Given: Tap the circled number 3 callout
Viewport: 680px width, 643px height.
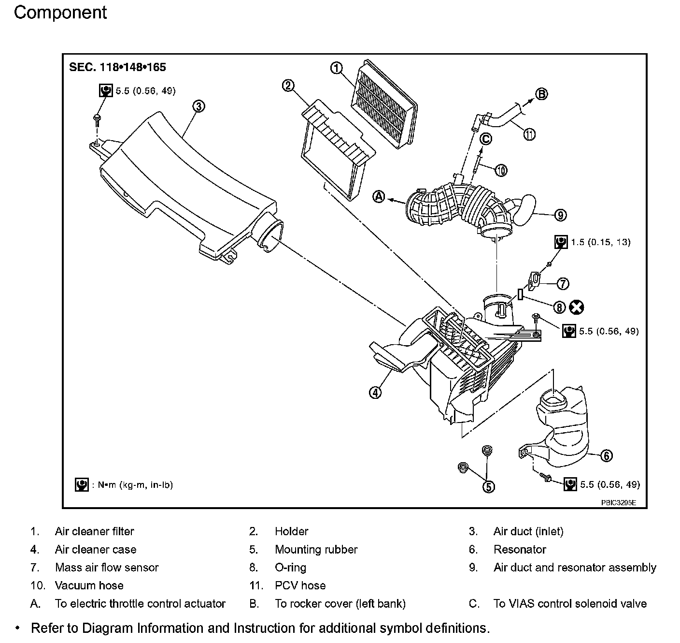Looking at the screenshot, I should point(198,106).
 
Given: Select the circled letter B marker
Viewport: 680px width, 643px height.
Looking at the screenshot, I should point(542,94).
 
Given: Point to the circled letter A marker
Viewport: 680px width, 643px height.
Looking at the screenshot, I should point(379,196).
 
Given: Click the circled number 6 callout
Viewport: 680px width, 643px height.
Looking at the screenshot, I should point(607,455).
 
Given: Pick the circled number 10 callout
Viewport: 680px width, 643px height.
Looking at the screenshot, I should point(501,170).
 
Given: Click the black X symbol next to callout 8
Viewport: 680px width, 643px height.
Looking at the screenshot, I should point(577,307).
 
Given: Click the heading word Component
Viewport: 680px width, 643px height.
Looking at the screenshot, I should point(60,13).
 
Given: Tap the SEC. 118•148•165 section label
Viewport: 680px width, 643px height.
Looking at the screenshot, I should point(117,67).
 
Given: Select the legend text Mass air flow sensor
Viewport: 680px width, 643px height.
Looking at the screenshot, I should point(107,568).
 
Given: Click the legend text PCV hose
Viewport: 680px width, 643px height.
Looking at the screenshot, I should point(300,585).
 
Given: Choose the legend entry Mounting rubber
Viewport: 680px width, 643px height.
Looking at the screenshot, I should point(316,550).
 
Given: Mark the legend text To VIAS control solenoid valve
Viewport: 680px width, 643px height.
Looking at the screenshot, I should point(570,603).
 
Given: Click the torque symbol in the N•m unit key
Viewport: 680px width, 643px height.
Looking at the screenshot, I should point(82,484).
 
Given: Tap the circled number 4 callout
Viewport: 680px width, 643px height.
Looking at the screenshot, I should point(375,392).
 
